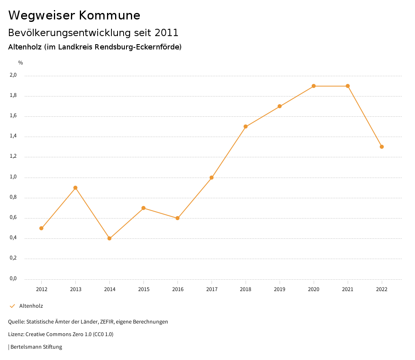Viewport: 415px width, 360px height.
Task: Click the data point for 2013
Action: (75, 188)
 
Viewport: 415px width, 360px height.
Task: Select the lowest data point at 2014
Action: (109, 238)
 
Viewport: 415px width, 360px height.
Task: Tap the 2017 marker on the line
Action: (212, 178)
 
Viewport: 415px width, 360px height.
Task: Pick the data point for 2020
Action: (314, 86)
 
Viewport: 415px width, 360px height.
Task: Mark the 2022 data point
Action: (382, 147)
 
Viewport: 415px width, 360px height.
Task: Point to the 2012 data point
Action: (41, 228)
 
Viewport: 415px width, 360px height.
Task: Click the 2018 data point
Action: (246, 126)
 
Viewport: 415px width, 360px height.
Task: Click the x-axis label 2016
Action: (178, 289)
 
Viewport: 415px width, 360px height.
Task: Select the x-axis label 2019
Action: (280, 289)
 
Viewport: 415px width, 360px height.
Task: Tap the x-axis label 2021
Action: (348, 289)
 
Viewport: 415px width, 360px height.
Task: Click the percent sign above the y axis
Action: (21, 63)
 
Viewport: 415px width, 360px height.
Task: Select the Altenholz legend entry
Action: (31, 306)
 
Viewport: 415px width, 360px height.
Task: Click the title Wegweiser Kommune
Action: (74, 15)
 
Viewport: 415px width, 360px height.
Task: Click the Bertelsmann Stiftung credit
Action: (36, 347)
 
